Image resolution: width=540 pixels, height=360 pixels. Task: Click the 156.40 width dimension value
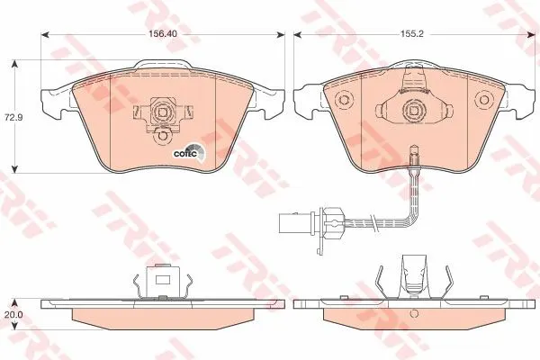[163, 34]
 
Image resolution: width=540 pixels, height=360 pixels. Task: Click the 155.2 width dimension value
[412, 34]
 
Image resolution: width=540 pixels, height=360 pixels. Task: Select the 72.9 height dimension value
[13, 117]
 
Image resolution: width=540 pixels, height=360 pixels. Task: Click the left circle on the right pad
[344, 99]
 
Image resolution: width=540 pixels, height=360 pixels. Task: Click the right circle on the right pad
[484, 99]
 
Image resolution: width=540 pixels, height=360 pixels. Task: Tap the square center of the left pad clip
[162, 112]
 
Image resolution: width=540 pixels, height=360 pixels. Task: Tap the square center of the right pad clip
[412, 110]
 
